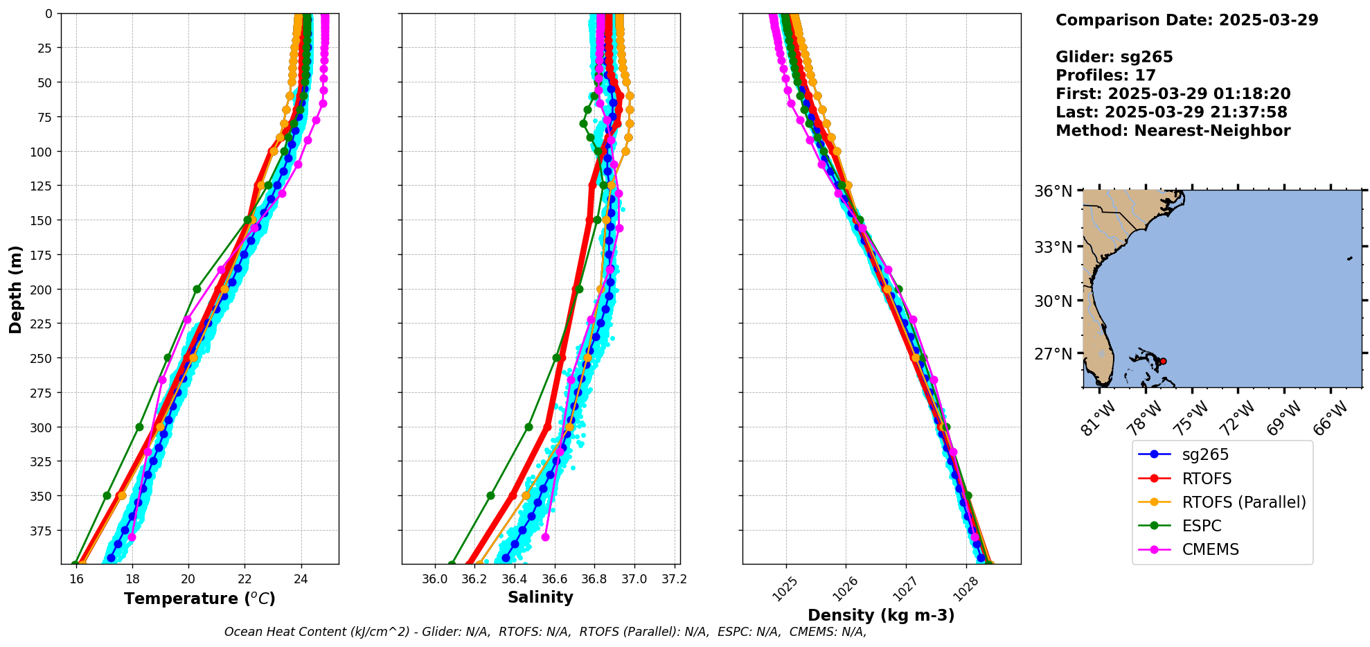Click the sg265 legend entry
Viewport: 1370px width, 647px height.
[1205, 454]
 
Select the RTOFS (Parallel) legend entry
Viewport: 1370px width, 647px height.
[1243, 502]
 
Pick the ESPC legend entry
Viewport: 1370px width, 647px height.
[1201, 526]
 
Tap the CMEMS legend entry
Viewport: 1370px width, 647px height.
[1210, 549]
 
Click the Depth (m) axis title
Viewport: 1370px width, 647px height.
[15, 289]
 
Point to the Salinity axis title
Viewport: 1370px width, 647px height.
[540, 598]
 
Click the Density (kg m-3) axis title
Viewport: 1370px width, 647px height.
[881, 615]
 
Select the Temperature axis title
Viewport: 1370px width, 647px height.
[199, 599]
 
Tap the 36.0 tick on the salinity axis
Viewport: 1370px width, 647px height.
[435, 579]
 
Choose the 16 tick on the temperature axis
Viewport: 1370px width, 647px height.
[76, 579]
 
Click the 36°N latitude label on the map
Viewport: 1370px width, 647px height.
[1053, 191]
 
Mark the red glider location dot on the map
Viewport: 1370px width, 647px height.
[1163, 361]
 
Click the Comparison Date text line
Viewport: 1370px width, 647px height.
[1186, 20]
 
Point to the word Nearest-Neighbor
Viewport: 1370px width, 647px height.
[1212, 131]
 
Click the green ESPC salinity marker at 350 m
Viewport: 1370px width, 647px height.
[490, 495]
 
